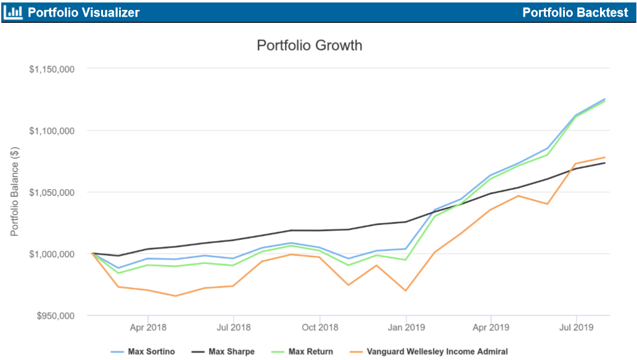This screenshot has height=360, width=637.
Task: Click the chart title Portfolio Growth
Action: pos(309,46)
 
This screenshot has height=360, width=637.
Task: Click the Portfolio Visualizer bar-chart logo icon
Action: pos(12,12)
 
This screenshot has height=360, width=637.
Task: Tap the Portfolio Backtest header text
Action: pos(575,12)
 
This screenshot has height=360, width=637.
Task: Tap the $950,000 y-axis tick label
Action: pos(55,316)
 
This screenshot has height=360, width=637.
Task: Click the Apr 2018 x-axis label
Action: pos(148,327)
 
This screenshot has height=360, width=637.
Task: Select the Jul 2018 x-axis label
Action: pos(233,327)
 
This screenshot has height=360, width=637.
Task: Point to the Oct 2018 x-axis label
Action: pos(319,327)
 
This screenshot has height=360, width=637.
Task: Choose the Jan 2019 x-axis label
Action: pos(406,327)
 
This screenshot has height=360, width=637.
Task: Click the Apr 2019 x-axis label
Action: pos(491,327)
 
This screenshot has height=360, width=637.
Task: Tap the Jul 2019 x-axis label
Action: pos(576,327)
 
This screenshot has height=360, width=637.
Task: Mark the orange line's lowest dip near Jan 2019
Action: pos(406,290)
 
